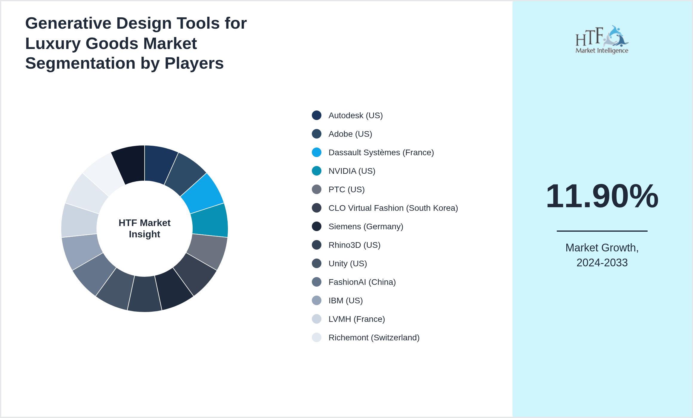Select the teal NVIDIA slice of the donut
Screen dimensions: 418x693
pos(210,221)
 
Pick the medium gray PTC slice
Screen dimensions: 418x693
pos(207,251)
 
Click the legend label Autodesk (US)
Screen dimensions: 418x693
pos(355,116)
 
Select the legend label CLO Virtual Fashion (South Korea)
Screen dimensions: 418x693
pos(393,208)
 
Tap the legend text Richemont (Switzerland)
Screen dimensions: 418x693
pos(374,338)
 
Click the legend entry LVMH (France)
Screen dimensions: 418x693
pos(357,319)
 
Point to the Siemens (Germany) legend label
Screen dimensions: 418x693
pos(366,227)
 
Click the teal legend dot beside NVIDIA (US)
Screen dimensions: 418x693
pos(317,171)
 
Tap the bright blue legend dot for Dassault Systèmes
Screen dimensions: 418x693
pos(317,153)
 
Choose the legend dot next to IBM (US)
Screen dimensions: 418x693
pos(317,301)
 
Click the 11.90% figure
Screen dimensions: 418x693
pos(602,196)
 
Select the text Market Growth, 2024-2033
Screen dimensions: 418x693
pos(602,255)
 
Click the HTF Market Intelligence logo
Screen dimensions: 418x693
pos(602,40)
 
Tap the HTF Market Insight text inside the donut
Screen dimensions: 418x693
pos(145,229)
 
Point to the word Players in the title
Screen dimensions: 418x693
pos(194,64)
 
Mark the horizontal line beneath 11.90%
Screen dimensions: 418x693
pos(602,231)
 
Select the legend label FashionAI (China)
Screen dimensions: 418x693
pos(362,282)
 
